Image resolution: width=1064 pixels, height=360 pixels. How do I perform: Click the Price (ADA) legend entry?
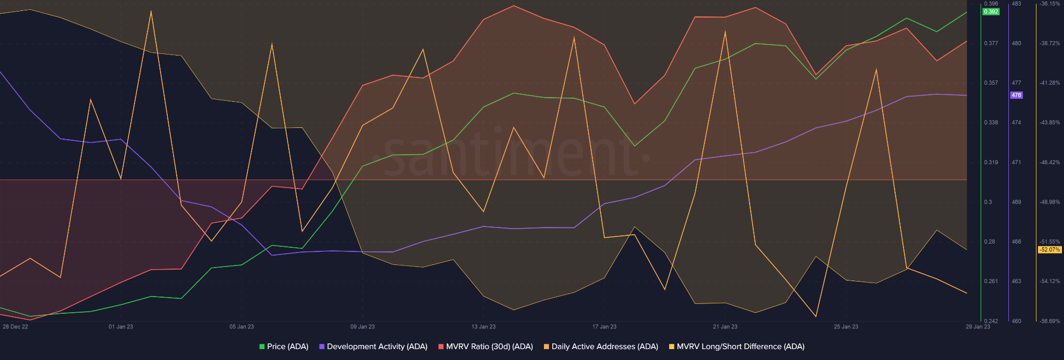tap(284, 346)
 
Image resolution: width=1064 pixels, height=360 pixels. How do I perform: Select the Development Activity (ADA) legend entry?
tap(373, 346)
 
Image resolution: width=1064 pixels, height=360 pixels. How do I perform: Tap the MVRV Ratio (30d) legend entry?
tap(485, 346)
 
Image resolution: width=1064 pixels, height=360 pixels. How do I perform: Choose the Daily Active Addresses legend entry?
tap(601, 346)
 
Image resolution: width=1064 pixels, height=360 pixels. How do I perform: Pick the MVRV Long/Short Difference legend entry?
tap(736, 346)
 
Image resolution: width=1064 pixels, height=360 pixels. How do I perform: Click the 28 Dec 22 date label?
tap(16, 327)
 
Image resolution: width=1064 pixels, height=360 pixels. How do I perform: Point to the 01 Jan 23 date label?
tap(121, 327)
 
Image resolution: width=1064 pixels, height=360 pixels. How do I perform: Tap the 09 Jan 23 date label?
tap(362, 327)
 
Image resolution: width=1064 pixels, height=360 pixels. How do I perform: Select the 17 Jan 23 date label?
tap(604, 327)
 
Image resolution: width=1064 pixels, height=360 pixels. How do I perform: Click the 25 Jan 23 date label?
tap(846, 327)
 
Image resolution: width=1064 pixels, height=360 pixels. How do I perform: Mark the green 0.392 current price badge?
tap(991, 11)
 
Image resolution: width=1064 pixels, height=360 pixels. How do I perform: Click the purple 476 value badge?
tap(1016, 95)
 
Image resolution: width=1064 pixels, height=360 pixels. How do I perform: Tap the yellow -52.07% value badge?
tap(1049, 250)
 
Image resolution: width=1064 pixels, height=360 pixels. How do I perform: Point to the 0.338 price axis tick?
tap(991, 123)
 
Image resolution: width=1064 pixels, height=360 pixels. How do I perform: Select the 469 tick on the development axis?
tap(1016, 202)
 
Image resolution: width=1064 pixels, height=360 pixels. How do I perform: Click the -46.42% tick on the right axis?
tap(1049, 163)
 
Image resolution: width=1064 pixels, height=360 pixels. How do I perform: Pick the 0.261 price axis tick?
tap(991, 282)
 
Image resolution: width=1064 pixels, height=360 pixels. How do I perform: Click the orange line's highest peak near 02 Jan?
tap(151, 11)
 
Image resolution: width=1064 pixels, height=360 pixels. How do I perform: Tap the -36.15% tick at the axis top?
tap(1049, 4)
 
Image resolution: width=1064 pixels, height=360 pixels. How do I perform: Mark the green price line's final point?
tap(966, 12)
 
